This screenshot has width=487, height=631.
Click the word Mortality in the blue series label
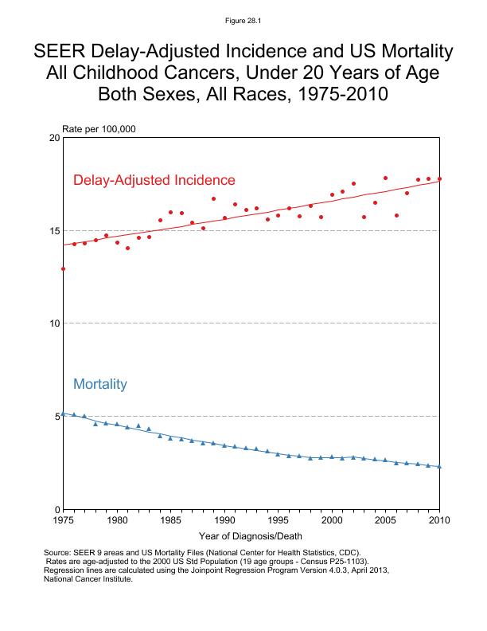coord(100,384)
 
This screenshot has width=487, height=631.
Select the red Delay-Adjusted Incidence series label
coord(154,180)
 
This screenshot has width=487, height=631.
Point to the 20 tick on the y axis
coord(55,138)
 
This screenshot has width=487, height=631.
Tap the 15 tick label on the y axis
coord(55,231)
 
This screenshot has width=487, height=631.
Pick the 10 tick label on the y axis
coord(55,323)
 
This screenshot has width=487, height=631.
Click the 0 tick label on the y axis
coord(58,509)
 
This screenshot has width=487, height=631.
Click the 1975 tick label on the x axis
coord(63,520)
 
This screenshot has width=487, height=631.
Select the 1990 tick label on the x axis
coord(224,520)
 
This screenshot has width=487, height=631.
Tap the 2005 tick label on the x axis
coord(386,520)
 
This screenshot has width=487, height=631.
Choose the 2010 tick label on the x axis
coord(439,520)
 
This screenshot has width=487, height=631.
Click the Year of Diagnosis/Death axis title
coord(250,535)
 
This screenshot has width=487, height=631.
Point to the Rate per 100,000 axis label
coord(93,128)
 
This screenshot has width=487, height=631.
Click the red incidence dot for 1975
coord(63,269)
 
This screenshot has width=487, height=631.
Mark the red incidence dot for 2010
coord(439,179)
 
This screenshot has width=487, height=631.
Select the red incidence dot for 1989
coord(213,198)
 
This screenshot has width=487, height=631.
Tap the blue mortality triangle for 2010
coord(439,466)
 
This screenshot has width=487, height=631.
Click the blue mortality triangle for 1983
coord(149,429)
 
